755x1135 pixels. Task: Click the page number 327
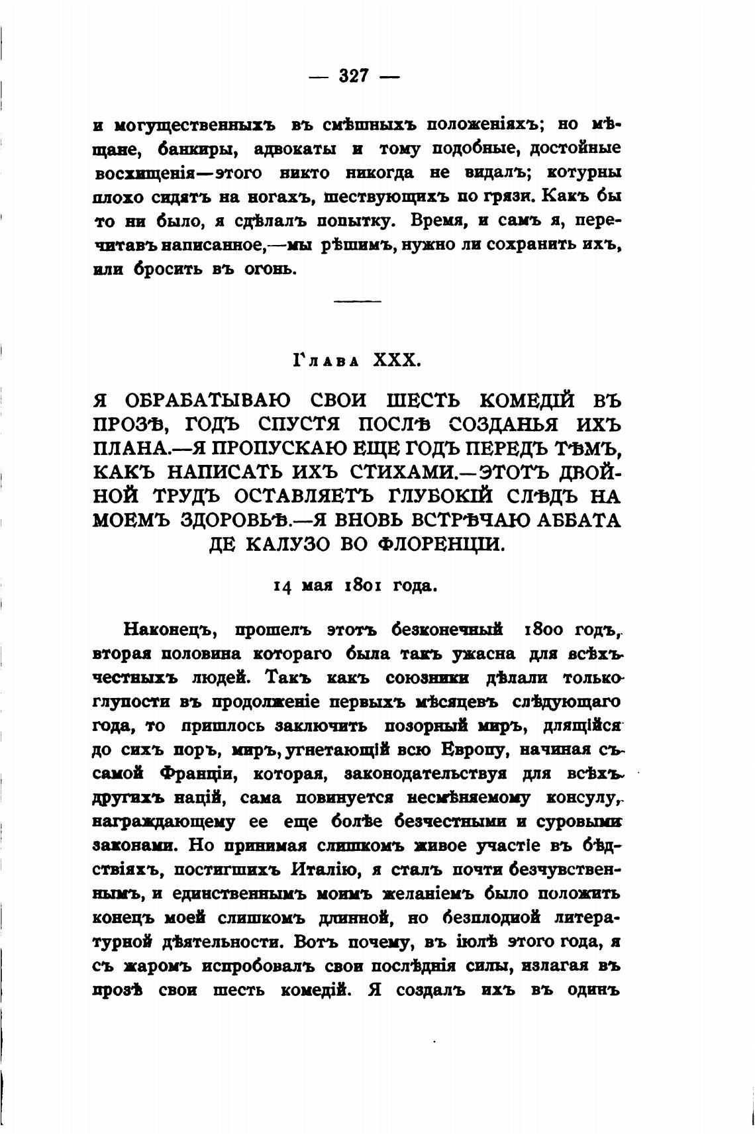(x=354, y=76)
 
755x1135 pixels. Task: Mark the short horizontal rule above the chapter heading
(x=357, y=302)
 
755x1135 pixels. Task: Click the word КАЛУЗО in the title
(x=291, y=544)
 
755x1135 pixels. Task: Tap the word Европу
(x=476, y=750)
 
